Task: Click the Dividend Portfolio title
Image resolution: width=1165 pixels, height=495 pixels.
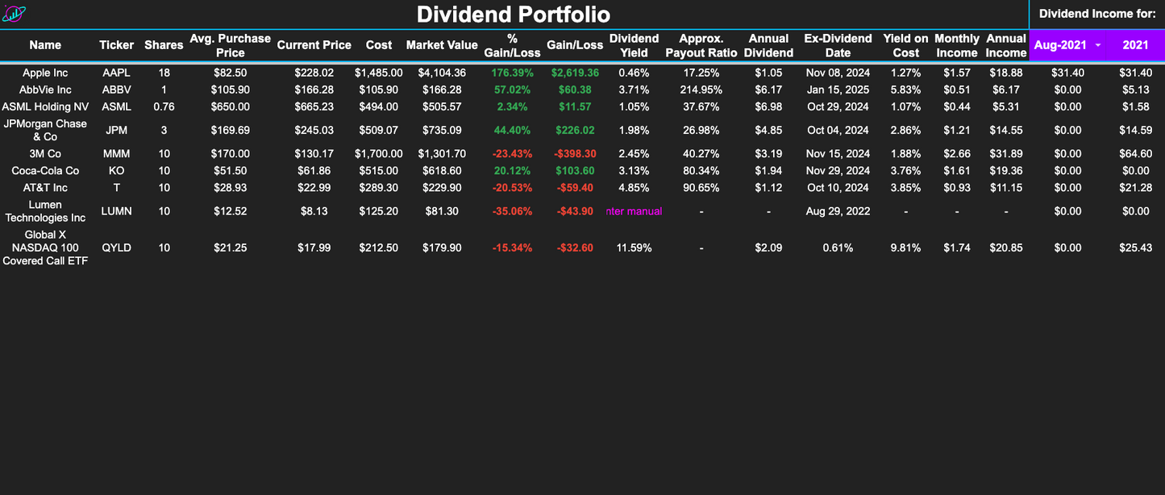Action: point(513,15)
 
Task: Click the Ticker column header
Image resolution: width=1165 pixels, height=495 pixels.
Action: point(117,45)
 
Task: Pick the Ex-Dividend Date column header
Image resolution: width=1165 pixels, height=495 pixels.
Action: point(838,45)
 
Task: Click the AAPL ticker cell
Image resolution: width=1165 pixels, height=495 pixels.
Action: point(117,73)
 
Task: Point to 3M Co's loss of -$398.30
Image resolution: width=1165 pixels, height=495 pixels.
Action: point(575,153)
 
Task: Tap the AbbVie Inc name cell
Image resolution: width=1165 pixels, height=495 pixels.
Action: point(45,89)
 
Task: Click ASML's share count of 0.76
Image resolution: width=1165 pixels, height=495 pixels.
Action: point(164,106)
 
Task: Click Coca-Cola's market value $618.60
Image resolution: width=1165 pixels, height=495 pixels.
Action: point(442,170)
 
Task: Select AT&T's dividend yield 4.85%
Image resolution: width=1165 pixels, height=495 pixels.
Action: point(635,187)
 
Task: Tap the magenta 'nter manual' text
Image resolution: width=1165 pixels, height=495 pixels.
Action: point(635,211)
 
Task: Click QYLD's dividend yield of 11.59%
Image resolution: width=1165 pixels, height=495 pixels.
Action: point(635,247)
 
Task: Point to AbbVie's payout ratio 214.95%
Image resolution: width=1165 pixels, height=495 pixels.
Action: point(701,89)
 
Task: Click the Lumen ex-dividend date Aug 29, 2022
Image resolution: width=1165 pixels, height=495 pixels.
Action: point(838,211)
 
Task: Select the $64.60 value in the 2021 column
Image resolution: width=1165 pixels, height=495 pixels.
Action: point(1135,153)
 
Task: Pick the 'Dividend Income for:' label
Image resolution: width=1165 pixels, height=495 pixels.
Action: point(1097,14)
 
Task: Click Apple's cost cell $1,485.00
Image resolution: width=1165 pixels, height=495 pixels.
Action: point(379,73)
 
